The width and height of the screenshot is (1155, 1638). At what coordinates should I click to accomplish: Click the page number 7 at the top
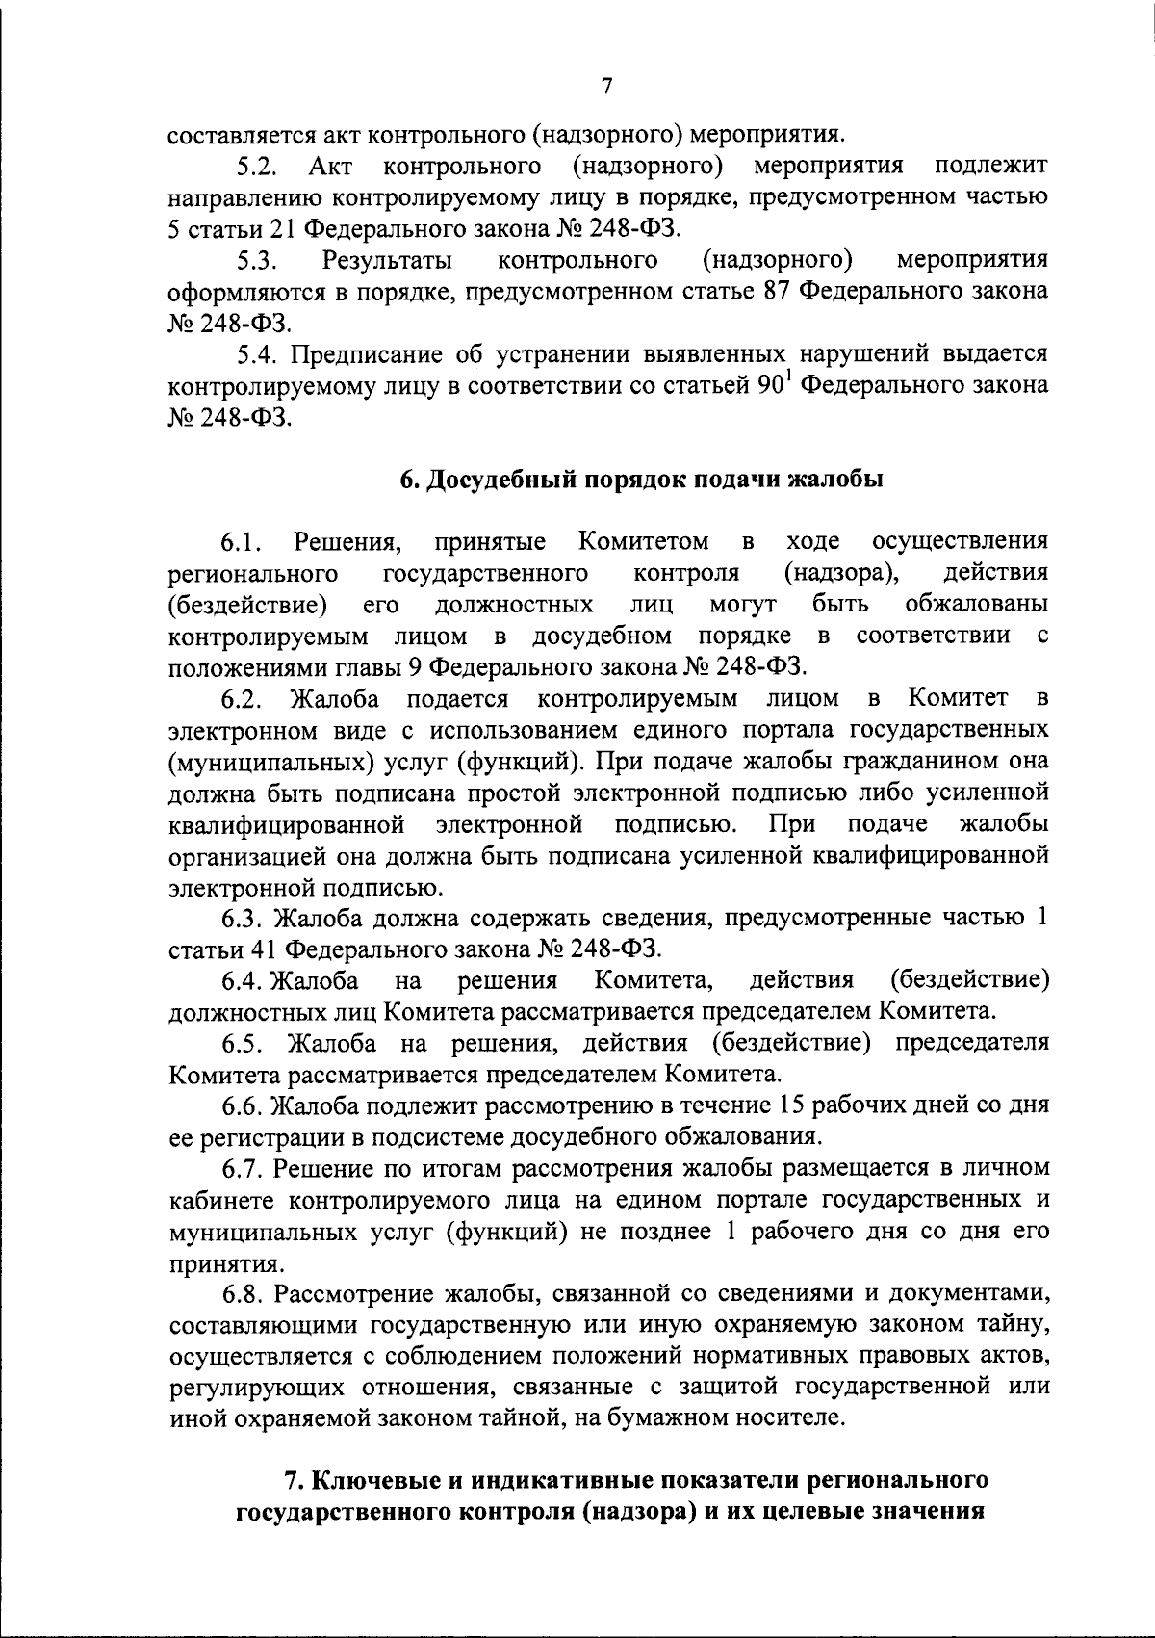click(x=606, y=87)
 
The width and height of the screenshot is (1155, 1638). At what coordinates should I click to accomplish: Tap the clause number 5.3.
click(x=259, y=261)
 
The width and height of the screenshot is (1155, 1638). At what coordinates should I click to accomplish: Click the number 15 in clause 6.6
click(x=798, y=1106)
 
